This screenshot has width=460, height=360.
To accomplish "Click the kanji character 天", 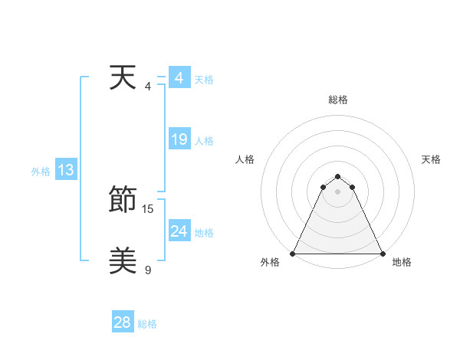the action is point(123,78).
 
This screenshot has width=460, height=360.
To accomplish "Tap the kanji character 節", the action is point(123,201).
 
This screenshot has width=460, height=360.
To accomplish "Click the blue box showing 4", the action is point(179,78).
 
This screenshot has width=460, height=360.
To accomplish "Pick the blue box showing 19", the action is point(179,139).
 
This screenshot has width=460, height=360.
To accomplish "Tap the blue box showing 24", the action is point(179,231).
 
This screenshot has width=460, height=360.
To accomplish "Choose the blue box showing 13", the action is point(65,171).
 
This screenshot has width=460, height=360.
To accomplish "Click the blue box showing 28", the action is point(122,322).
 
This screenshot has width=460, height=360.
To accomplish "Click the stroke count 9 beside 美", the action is point(148,270).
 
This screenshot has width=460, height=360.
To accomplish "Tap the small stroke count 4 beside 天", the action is point(148,86).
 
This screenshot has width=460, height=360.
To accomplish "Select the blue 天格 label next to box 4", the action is point(204,80).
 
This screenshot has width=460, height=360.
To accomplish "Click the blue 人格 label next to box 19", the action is point(204,141).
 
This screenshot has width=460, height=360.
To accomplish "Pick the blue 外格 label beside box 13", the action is point(41,172).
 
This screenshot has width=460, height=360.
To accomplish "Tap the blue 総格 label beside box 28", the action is point(147,324).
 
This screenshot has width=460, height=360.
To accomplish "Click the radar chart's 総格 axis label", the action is point(337,100).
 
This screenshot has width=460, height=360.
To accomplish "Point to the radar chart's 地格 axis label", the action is point(402,262).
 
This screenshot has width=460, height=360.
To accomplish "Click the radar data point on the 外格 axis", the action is point(293,254).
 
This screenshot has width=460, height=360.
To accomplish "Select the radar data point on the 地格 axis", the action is point(382,254).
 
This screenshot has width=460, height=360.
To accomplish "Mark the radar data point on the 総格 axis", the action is point(337,177).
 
